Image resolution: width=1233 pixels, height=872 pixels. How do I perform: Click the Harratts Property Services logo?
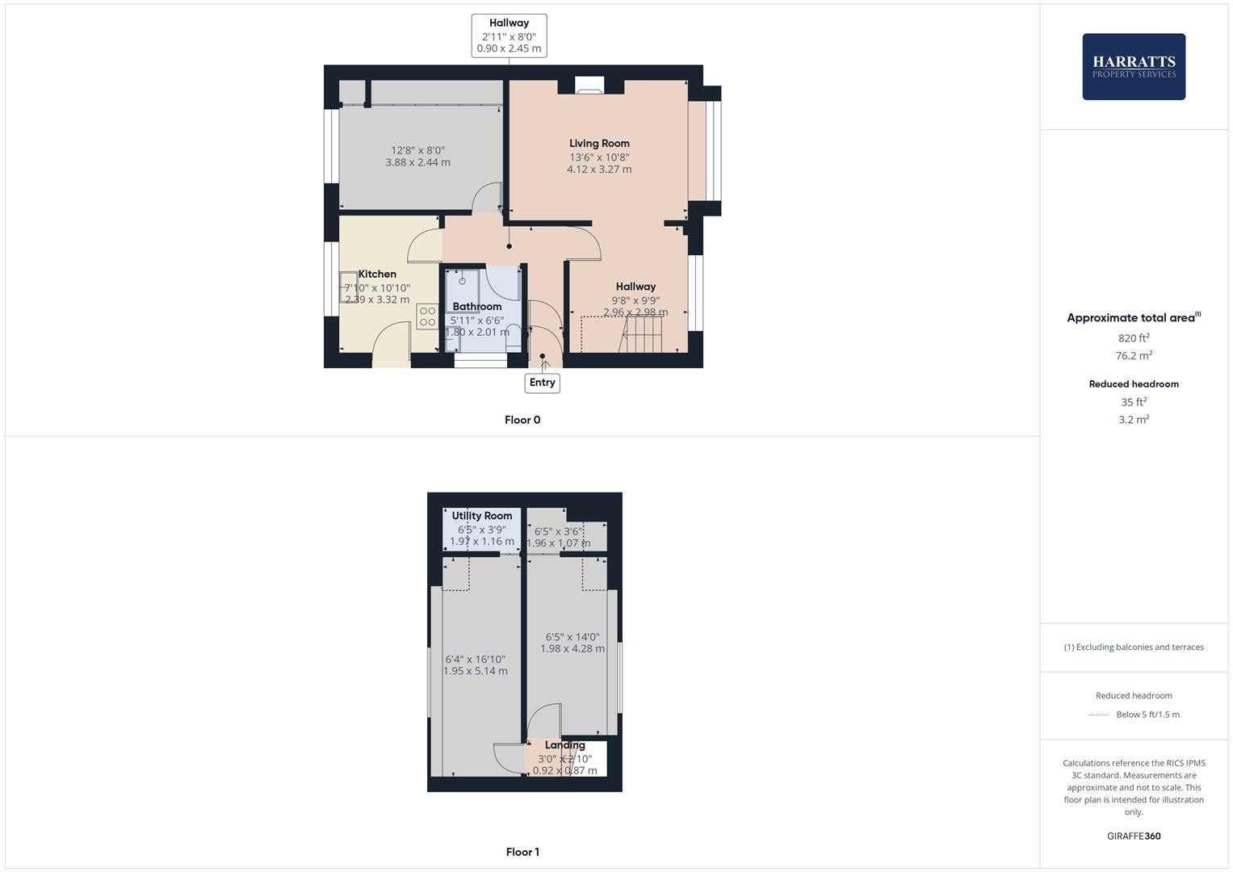tap(1133, 66)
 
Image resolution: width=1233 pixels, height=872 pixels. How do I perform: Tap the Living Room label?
tap(599, 143)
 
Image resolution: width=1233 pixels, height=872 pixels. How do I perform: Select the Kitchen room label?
tap(377, 274)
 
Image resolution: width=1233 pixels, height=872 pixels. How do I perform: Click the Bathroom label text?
tap(476, 306)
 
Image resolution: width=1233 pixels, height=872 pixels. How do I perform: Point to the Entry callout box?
tap(542, 383)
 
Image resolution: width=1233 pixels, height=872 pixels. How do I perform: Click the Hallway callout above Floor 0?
tap(509, 36)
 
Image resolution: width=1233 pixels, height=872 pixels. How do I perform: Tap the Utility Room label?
tap(481, 515)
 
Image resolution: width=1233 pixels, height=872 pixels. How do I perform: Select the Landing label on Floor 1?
tap(564, 744)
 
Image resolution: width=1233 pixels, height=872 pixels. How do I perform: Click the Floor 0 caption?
tap(522, 420)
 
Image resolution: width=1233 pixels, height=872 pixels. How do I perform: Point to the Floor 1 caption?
tap(522, 852)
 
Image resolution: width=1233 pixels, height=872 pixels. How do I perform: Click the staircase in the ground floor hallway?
tap(641, 333)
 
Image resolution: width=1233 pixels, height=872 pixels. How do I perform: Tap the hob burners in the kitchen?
tap(427, 317)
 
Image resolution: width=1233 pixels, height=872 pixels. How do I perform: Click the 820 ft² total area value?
tap(1133, 338)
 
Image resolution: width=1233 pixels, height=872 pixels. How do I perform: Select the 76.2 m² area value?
tap(1133, 355)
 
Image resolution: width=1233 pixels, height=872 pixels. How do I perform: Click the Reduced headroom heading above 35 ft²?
tap(1133, 384)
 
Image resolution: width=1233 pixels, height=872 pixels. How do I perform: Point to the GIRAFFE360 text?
tap(1133, 836)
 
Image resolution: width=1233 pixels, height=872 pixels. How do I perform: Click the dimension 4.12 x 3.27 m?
tap(599, 170)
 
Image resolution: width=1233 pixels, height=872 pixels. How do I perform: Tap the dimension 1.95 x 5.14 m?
tap(476, 671)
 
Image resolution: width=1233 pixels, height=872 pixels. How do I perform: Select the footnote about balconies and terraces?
tap(1133, 647)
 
